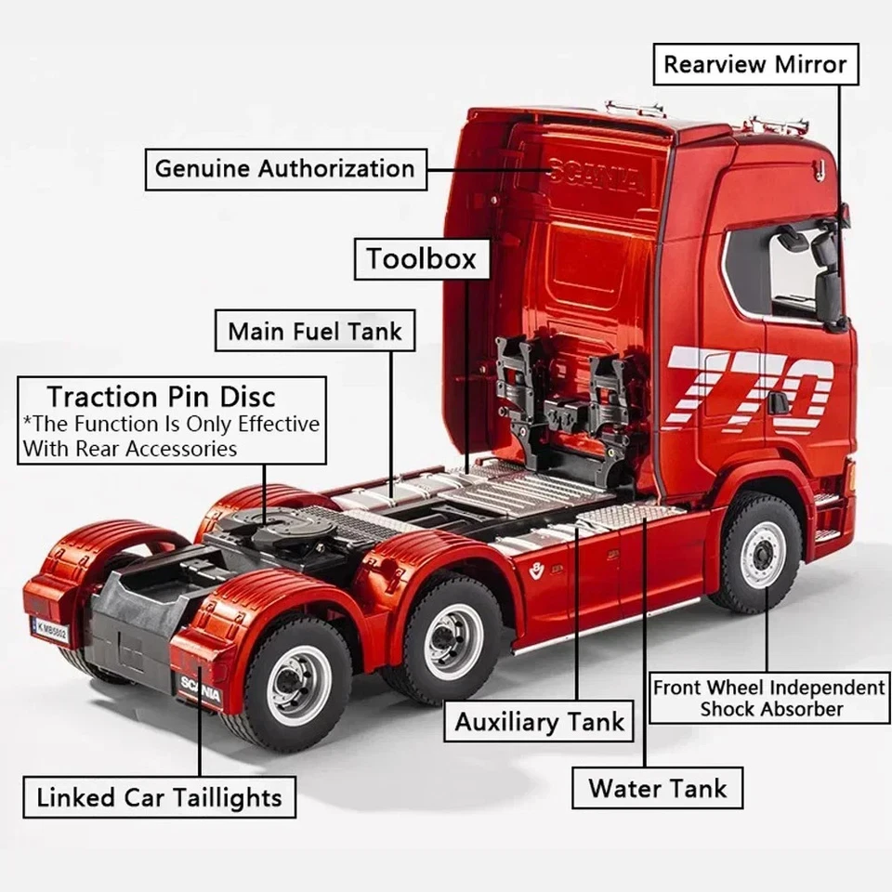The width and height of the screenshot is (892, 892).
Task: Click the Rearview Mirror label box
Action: pos(754,64)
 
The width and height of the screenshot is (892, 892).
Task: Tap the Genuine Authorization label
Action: pos(285,169)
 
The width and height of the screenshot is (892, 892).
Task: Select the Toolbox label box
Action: pos(421,258)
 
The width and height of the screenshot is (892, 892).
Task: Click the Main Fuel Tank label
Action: pos(315,332)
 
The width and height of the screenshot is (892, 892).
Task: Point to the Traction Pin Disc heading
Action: pos(162,397)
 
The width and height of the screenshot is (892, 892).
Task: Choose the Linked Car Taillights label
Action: pos(160,798)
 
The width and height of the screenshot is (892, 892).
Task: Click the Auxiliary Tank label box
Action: pos(540,722)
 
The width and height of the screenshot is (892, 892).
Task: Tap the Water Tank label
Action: pos(657,790)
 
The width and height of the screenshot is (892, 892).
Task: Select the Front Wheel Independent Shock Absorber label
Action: pos(768,699)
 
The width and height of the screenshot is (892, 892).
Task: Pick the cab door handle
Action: pos(778,402)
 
